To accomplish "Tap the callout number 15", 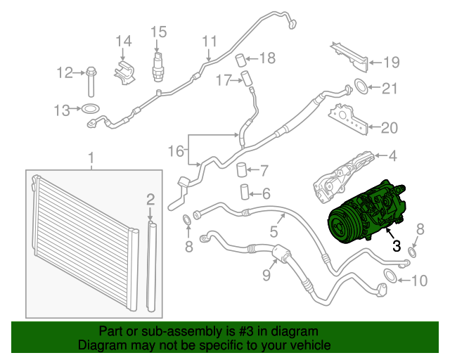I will [158, 31].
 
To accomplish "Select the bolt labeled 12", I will [92, 81].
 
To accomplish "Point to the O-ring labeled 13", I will [89, 109].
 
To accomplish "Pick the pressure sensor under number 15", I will [158, 62].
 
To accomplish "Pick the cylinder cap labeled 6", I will [245, 192].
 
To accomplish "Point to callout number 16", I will [176, 151].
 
